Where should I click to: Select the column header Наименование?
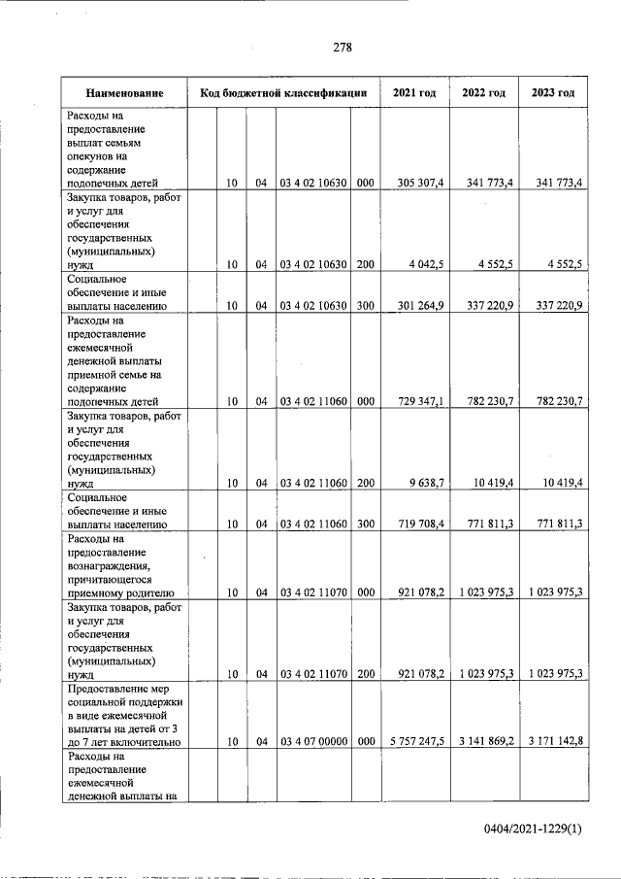pos(123,93)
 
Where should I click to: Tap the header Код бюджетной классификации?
pos(282,93)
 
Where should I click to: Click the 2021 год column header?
pos(413,93)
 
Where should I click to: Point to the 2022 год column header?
pos(483,93)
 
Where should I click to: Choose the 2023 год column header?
pos(553,93)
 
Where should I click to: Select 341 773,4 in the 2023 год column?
pos(559,183)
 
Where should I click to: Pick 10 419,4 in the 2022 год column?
pos(490,482)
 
